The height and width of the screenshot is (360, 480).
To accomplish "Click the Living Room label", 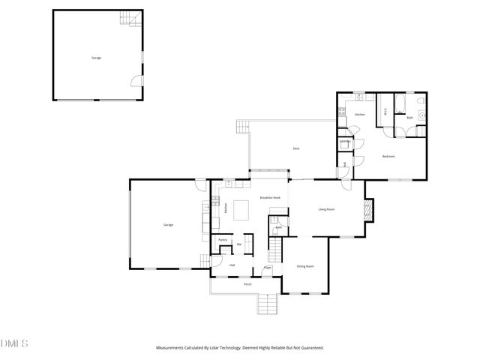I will click(x=325, y=209).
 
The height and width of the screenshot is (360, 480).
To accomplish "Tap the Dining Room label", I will click(x=304, y=266).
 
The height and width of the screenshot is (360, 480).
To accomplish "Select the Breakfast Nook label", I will click(x=270, y=197).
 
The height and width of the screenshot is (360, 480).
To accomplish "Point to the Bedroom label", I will click(x=388, y=156).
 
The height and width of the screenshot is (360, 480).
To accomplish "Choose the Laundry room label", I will click(x=346, y=141).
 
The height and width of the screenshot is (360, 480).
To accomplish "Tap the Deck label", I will click(x=296, y=148).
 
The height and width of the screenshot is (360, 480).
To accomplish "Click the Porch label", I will click(x=247, y=285).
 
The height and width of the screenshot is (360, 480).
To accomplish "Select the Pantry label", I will click(x=223, y=240).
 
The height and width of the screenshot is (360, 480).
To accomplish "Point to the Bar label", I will click(x=239, y=244).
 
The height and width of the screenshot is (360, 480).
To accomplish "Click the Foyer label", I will click(x=267, y=267).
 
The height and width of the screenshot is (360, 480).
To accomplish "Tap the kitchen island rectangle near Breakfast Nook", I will click(x=243, y=210).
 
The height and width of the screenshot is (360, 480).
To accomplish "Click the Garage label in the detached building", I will click(x=96, y=58).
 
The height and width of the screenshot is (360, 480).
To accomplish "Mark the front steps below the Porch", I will click(x=267, y=304).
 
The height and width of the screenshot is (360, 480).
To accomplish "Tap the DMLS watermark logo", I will click(x=14, y=343).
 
